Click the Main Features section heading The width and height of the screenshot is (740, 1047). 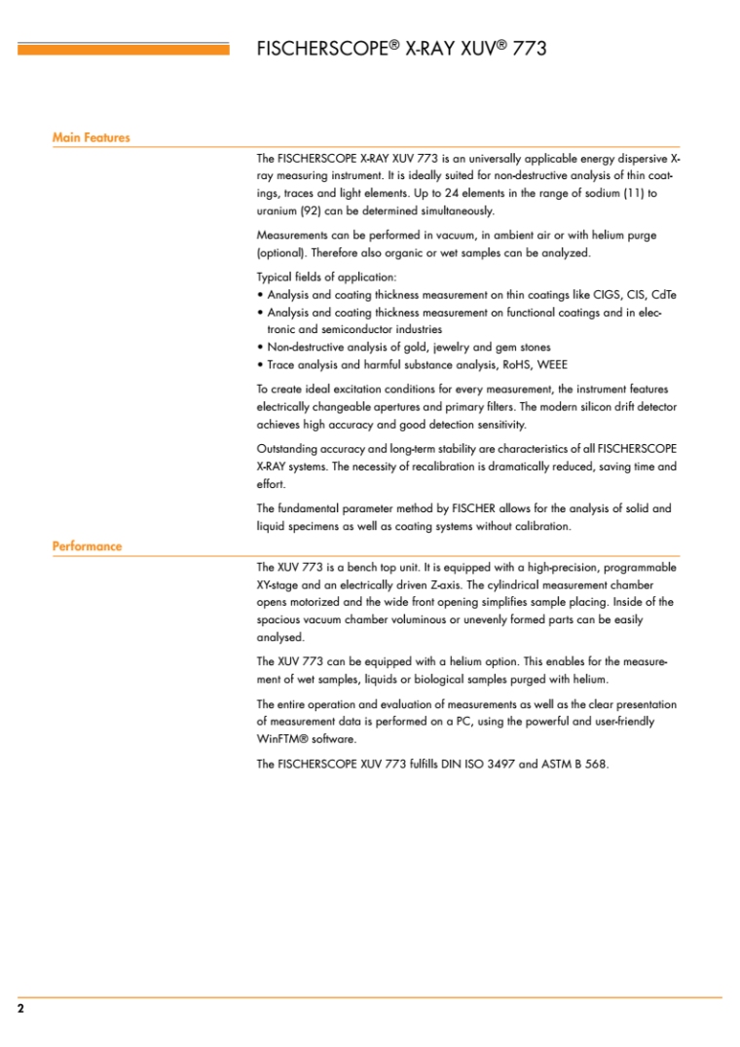click(91, 137)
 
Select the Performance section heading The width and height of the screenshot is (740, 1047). click(87, 545)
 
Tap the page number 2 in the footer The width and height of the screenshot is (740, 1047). click(20, 1009)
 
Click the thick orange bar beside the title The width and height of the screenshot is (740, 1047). click(124, 48)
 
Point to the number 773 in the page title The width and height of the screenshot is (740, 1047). click(527, 48)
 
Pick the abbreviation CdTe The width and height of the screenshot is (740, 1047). click(664, 294)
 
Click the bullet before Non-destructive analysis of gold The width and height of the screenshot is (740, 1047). click(260, 347)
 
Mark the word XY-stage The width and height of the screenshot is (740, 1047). click(280, 584)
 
